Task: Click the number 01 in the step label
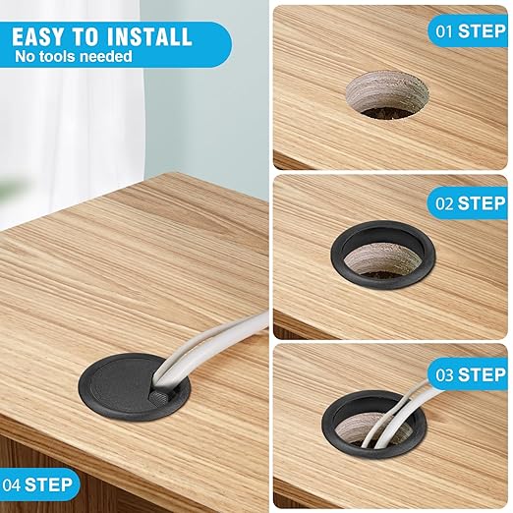pos(444,31)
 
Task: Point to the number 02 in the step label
pos(444,203)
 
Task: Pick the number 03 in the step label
pos(444,374)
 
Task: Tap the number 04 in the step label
pos(11,485)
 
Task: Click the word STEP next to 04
pos(48,485)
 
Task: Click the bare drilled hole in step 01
pos(387,95)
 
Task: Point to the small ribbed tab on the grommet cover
pos(158,398)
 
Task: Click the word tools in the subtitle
pos(58,56)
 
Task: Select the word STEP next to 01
pos(482,31)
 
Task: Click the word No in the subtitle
pos(26,56)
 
